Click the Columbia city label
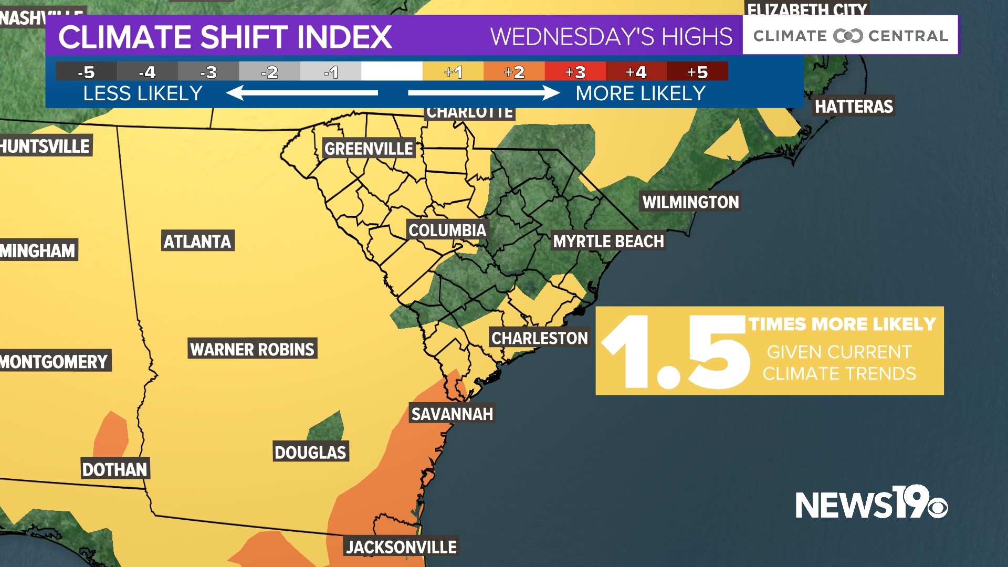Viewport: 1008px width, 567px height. tap(447, 230)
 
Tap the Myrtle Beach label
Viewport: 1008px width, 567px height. tap(608, 241)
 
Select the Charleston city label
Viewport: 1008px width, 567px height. tap(539, 338)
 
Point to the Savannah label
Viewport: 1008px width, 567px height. tap(452, 414)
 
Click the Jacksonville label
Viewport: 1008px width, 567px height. tap(401, 547)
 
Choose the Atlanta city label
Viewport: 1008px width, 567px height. tap(197, 241)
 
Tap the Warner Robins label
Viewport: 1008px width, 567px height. tap(252, 349)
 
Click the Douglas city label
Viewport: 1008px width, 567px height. tap(310, 453)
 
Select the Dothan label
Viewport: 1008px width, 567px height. tap(114, 469)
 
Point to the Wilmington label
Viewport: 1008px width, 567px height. tap(690, 202)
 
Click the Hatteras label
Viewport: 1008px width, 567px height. tap(854, 107)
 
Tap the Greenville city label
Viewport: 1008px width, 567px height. tap(369, 149)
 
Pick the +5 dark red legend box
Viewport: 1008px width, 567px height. tap(697, 72)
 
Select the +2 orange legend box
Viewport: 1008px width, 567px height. tap(514, 72)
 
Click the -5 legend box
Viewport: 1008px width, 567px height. tap(86, 72)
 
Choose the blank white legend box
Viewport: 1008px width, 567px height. tap(392, 72)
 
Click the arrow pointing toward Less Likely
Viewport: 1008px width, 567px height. tap(302, 93)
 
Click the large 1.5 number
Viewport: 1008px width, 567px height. tap(675, 352)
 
